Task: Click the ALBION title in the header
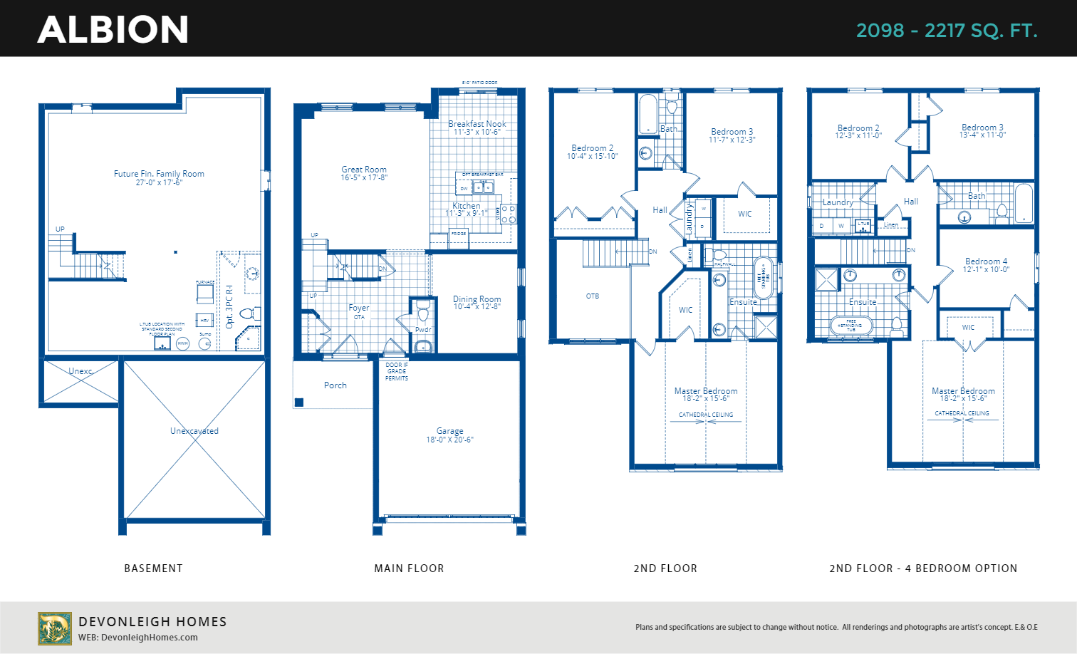[113, 30]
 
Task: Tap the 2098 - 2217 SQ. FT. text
[946, 31]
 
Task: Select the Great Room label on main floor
[364, 170]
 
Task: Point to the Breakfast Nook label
[477, 124]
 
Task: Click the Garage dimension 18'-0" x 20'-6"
[449, 440]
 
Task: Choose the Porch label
[335, 385]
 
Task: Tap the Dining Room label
[477, 299]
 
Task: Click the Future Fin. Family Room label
[159, 174]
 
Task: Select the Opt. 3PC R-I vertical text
[229, 306]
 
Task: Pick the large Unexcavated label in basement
[194, 431]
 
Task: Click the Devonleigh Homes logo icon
[55, 628]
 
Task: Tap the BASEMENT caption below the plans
[153, 569]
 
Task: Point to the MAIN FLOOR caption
[409, 569]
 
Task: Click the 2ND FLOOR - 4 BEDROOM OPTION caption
[923, 569]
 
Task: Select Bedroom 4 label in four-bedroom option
[986, 261]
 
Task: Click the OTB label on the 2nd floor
[593, 296]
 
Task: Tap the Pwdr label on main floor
[423, 330]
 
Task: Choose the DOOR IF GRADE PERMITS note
[397, 371]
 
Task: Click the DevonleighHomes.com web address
[149, 638]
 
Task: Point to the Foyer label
[359, 308]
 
